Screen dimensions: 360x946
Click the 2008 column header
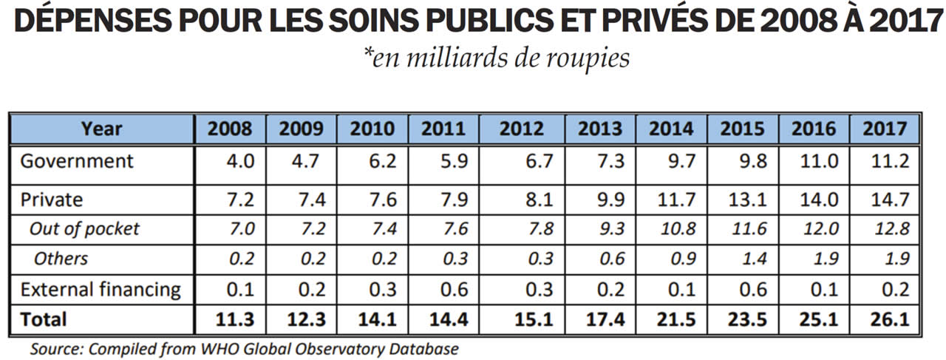click(230, 129)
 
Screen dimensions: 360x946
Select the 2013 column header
click(600, 129)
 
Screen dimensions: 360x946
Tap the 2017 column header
click(884, 129)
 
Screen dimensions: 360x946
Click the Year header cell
click(102, 129)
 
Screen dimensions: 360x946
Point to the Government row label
click(77, 161)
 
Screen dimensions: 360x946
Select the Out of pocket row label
click(84, 228)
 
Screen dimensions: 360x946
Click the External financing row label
click(100, 289)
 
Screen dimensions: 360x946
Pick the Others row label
click(61, 258)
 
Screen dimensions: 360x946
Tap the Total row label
click(44, 319)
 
